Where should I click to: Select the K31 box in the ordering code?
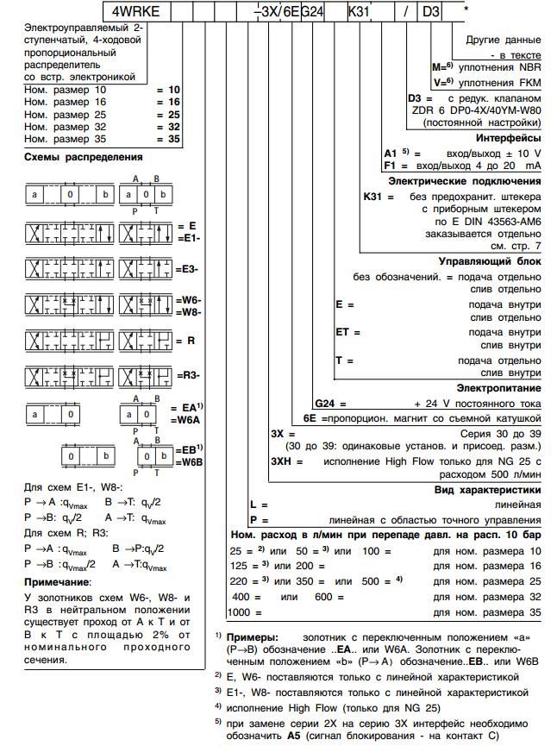point(360,12)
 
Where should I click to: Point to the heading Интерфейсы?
point(508,138)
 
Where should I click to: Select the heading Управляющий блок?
point(491,262)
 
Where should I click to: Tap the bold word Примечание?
point(61,582)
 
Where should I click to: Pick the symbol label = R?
point(185,341)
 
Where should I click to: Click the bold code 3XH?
point(285,461)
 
